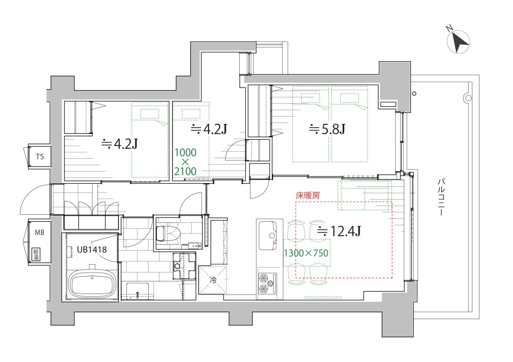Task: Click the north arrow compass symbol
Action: pos(458,41)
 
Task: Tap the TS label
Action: pos(40,157)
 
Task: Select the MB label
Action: pos(40,232)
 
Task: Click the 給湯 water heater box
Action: pos(35,254)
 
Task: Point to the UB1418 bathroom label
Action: pos(91,250)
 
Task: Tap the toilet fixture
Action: pos(166,233)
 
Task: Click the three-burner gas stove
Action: pos(267,283)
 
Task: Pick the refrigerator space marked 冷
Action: pos(213,280)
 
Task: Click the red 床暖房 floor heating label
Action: pos(307,196)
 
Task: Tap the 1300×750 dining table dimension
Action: pos(306,253)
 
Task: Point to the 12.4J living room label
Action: pos(339,231)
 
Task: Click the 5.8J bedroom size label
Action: pos(327,130)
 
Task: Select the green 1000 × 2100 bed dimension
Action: pos(186,162)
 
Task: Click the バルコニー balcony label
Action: pos(441,197)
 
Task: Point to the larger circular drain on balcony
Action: pos(468,98)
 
